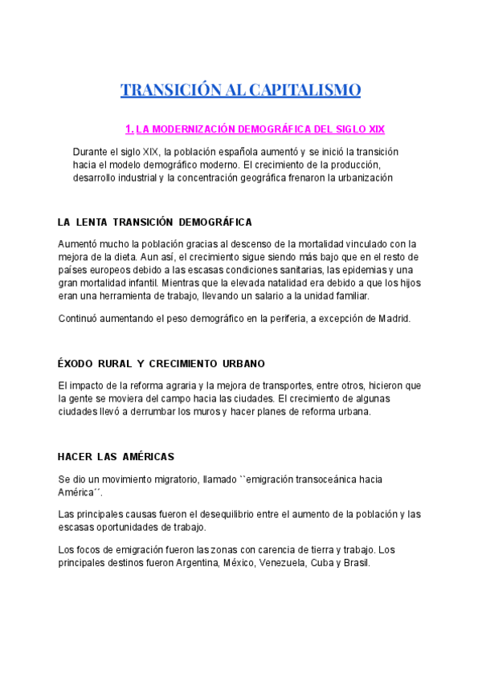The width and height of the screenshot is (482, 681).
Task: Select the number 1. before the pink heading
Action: click(129, 128)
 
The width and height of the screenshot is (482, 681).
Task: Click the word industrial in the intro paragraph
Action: click(141, 177)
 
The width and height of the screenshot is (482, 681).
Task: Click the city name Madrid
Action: click(394, 318)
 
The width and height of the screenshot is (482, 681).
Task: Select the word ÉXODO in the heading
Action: click(77, 364)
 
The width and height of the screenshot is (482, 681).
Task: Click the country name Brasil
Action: click(355, 563)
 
